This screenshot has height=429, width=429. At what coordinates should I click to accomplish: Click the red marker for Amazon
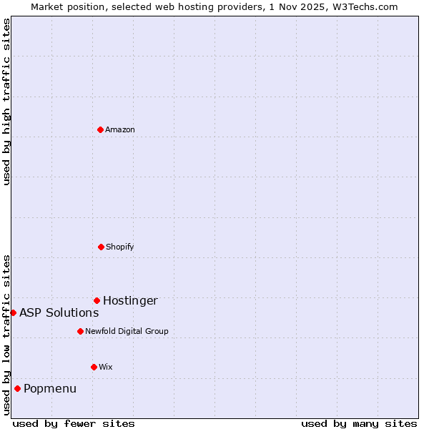tap(100, 129)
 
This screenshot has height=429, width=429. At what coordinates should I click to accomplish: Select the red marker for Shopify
tap(101, 247)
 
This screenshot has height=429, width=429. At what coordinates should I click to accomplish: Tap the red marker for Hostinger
tap(97, 300)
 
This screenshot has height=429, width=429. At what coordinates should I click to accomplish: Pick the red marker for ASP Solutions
tap(13, 312)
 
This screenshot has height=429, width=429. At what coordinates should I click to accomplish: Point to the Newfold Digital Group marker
tap(80, 331)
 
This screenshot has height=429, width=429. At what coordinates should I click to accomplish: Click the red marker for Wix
tap(94, 367)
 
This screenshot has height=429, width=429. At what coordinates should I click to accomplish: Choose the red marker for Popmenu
tap(17, 388)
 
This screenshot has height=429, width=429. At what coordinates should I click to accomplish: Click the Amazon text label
tap(120, 129)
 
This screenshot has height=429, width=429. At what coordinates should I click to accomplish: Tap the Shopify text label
tap(120, 247)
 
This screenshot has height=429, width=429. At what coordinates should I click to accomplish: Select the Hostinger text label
tap(130, 300)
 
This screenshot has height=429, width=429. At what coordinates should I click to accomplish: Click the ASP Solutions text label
tap(59, 312)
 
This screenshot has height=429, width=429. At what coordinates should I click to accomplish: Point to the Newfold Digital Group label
tap(127, 331)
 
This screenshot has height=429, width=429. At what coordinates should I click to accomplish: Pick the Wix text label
tap(106, 367)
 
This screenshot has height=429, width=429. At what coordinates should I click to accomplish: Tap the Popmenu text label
tap(50, 388)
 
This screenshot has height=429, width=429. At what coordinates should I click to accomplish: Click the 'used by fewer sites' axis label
tap(74, 423)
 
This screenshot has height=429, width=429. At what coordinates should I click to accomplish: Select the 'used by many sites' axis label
tap(359, 423)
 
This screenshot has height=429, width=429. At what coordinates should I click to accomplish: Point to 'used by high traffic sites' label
tap(6, 102)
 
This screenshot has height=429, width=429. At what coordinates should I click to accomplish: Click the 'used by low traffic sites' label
tap(6, 335)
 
